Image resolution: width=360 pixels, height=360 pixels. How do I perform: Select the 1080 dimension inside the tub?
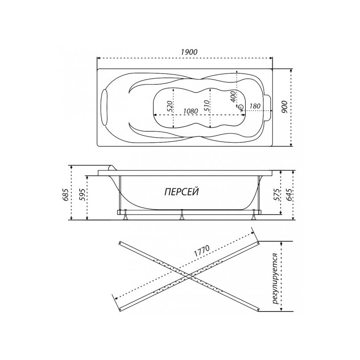coord(191,111)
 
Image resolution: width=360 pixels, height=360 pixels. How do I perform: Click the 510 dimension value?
coord(206,106)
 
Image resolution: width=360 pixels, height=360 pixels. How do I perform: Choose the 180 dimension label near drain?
coord(254,106)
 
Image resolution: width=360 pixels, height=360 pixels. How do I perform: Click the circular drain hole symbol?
coord(241,107)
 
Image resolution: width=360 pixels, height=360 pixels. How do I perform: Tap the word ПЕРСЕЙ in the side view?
coord(180,191)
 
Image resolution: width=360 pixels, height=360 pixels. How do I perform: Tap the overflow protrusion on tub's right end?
coord(269,107)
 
